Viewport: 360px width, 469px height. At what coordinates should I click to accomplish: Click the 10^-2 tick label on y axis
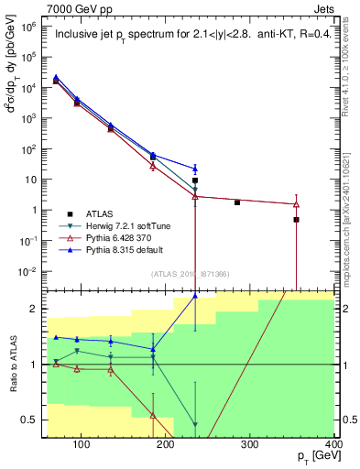click(x=32, y=271)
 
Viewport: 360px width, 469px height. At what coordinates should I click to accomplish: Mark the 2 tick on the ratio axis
click(x=37, y=309)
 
